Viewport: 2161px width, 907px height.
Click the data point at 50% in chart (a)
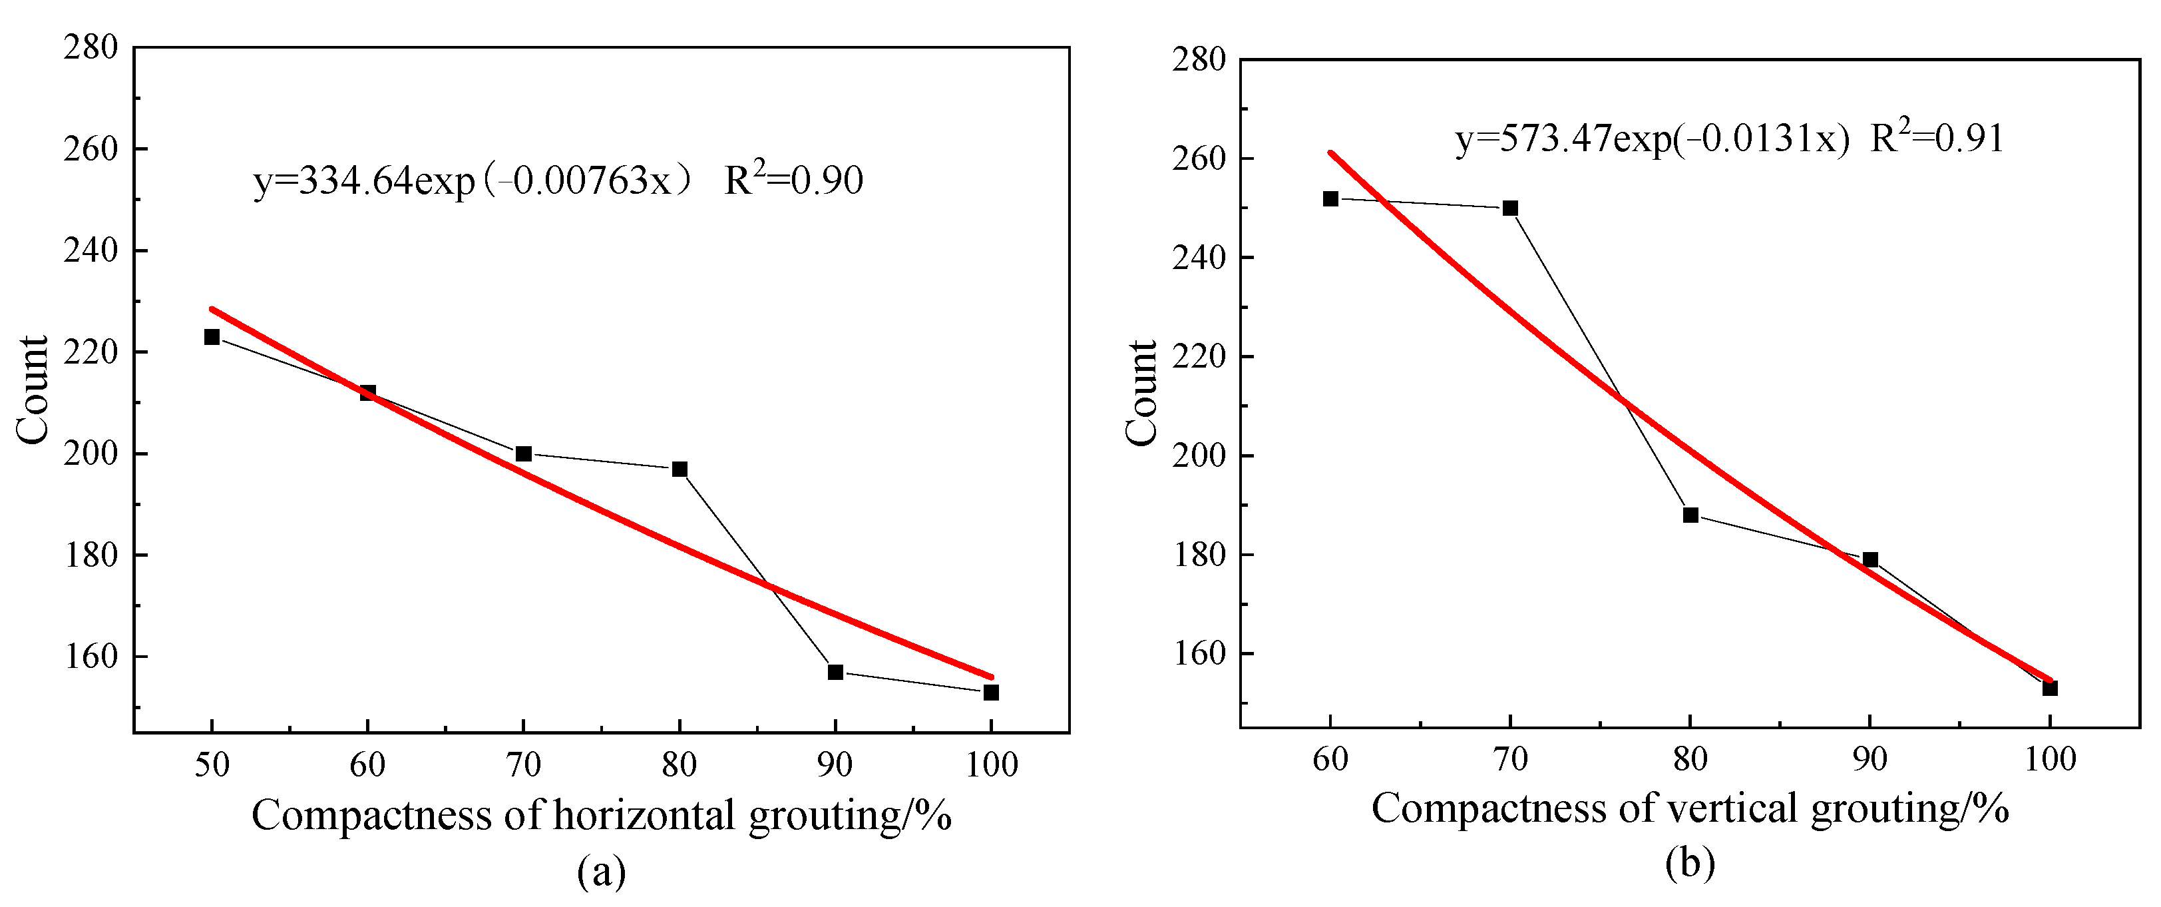[x=212, y=336]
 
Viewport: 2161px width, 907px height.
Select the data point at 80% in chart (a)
[x=680, y=469]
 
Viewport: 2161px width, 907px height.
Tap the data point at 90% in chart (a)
[x=835, y=672]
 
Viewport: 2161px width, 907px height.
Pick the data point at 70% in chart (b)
[x=1510, y=208]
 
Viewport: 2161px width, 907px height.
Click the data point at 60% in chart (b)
[x=1330, y=199]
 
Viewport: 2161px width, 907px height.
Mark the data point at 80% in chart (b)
[x=1690, y=515]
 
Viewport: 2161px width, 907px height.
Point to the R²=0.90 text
[x=793, y=180]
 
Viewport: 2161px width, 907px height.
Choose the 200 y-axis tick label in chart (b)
[x=1199, y=455]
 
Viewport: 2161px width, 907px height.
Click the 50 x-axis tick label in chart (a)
[x=212, y=764]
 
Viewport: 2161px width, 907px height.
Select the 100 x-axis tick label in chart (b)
[x=2049, y=759]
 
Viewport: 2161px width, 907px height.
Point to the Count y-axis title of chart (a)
[x=33, y=390]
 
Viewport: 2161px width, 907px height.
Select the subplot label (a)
[x=601, y=872]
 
